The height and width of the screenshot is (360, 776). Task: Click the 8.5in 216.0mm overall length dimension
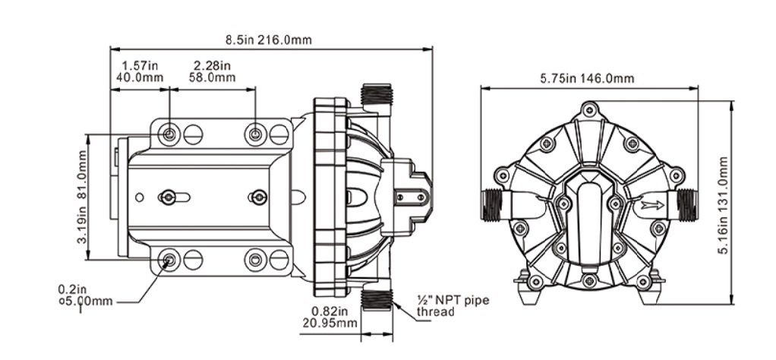269,39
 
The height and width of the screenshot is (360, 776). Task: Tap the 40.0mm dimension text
139,77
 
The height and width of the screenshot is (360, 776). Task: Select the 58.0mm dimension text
213,77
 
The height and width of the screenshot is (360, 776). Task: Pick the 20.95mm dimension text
330,323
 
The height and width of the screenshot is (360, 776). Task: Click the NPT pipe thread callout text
453,306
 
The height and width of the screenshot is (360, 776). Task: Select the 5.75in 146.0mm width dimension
587,78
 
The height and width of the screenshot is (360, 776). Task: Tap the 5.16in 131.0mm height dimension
723,206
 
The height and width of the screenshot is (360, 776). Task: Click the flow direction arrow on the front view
653,204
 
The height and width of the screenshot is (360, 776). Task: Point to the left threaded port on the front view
492,204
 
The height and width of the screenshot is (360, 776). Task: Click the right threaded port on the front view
687,204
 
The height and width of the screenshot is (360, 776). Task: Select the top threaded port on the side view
377,93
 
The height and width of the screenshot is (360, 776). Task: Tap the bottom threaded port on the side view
377,300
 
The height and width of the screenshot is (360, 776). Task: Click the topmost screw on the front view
589,109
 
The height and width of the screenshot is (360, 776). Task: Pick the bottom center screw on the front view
589,281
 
